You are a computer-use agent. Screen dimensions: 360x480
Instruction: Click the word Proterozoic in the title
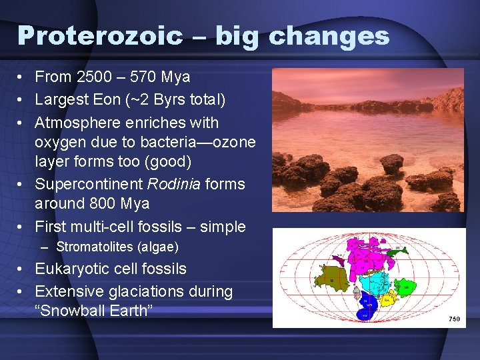pyautogui.click(x=100, y=35)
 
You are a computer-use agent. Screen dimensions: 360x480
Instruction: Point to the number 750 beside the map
pyautogui.click(x=454, y=319)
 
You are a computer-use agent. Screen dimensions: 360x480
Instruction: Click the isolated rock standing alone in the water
pyautogui.click(x=391, y=163)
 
